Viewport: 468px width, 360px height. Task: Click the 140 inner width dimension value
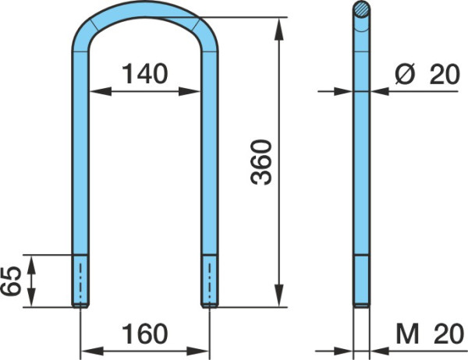coord(145,73)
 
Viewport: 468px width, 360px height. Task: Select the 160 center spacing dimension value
coord(145,334)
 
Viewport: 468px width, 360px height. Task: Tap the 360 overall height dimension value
coord(261,162)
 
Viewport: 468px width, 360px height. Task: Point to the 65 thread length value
coord(11,281)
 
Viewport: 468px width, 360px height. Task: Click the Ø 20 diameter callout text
coord(427,74)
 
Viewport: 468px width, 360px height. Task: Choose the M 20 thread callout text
coord(430,334)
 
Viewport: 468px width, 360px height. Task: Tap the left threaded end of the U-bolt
coord(80,281)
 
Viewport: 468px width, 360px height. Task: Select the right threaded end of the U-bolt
coord(210,281)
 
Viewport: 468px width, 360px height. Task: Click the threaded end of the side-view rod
coord(361,281)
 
